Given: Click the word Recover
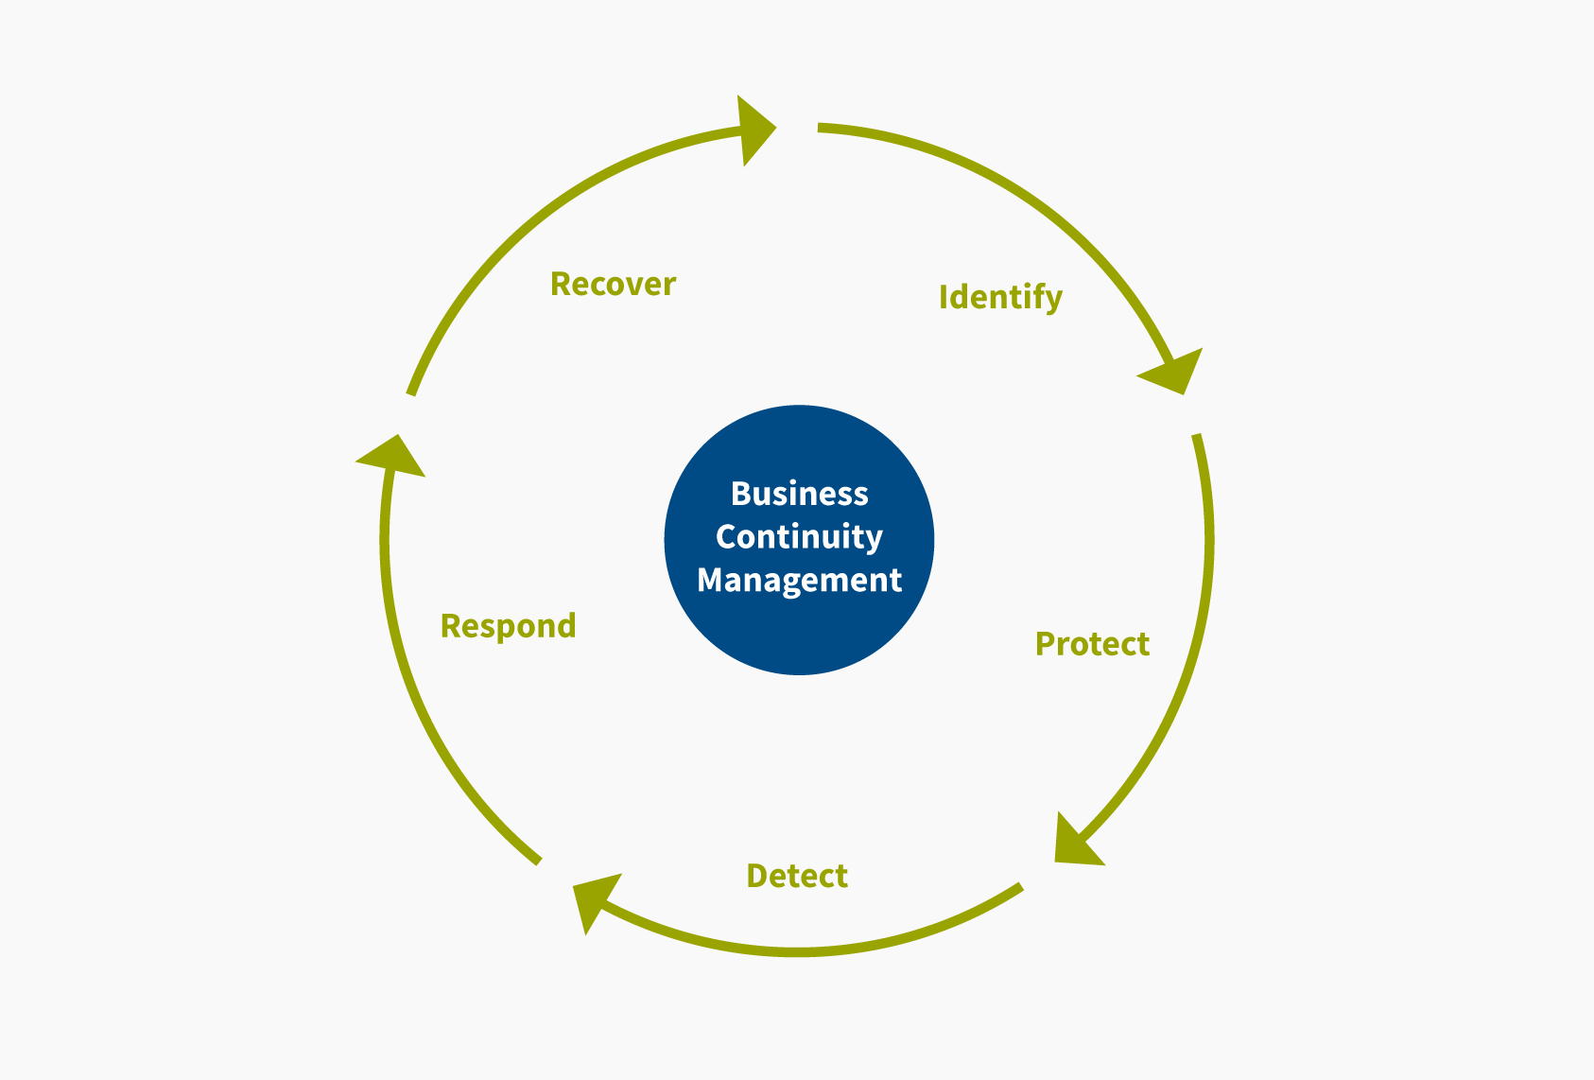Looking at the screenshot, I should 613,284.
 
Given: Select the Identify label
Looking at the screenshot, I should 999,297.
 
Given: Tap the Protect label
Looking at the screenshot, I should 1092,644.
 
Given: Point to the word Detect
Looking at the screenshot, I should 797,876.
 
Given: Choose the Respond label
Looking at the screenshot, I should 508,626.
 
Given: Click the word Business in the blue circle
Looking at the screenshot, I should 799,494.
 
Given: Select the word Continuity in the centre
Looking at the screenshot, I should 799,536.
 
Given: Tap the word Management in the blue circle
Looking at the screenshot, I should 799,580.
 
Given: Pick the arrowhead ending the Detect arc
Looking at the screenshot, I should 594,899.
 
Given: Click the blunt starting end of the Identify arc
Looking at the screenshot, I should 821,128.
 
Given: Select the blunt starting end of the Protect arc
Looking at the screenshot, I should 1197,436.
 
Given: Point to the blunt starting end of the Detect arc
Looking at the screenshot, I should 1019,887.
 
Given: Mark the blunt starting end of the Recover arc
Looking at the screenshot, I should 411,392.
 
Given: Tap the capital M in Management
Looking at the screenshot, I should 709,580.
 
